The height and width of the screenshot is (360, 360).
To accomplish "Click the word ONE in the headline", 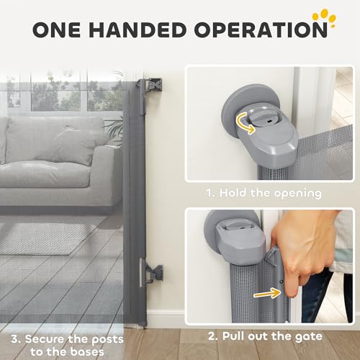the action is pos(57,30).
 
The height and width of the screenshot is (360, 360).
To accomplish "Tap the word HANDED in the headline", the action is pos(138,30).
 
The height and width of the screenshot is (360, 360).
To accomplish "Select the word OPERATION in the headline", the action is pos(261,30).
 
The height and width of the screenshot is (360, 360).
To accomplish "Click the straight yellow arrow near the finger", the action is pos(267,294).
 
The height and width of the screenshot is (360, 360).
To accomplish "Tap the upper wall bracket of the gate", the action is pos(152,85).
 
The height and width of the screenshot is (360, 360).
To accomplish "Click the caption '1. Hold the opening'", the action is pos(264,193).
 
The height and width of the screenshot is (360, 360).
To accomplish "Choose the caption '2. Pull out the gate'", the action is pos(265,336).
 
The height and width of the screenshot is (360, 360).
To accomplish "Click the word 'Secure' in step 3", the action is pos(45,339).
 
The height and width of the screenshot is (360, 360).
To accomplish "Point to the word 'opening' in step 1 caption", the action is pos(297,194).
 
